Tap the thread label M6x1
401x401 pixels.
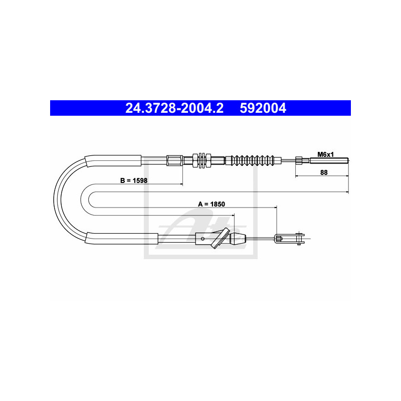[x=326, y=154]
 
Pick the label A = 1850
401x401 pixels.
[x=212, y=204]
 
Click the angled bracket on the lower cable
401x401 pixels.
[x=220, y=238]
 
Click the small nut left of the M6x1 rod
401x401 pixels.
[x=298, y=161]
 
